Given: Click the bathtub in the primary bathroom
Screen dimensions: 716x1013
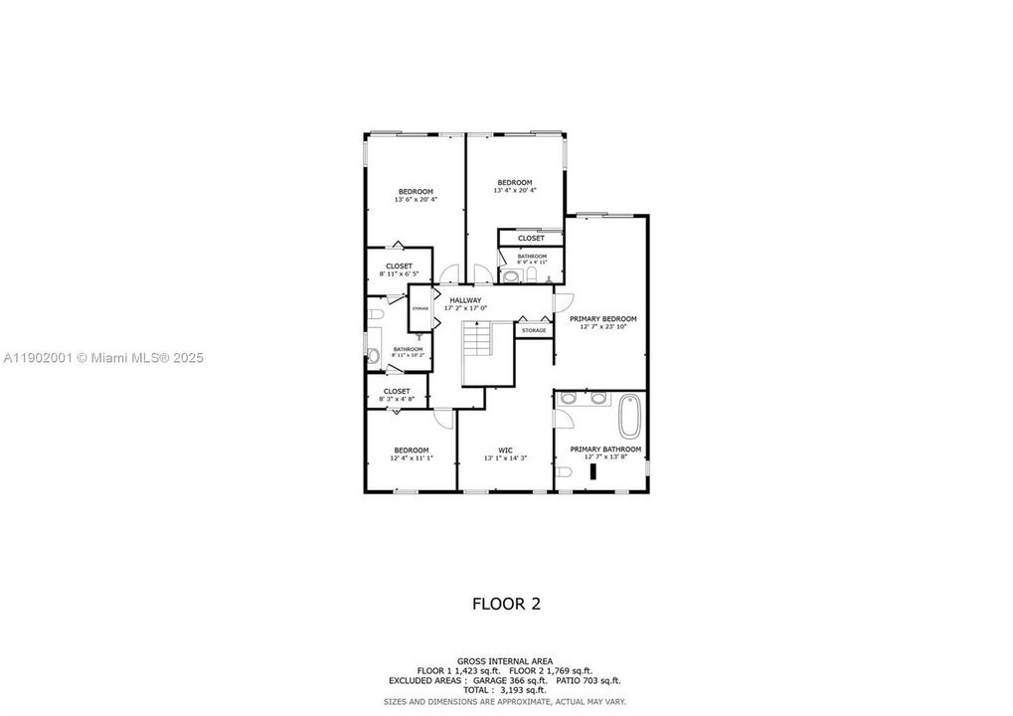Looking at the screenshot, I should point(630,418).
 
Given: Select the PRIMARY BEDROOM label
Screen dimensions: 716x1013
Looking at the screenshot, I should point(602,319).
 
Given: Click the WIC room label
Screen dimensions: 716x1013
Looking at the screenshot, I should point(505,449).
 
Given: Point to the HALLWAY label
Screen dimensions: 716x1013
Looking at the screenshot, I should point(465,300).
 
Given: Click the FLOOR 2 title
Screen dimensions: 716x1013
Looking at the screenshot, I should point(506,603).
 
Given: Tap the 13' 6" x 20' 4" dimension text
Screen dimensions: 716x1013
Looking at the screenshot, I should point(416,200).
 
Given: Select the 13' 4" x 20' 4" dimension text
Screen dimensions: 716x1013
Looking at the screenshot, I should point(515,191).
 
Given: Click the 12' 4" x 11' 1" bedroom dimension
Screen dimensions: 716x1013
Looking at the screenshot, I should point(411,458).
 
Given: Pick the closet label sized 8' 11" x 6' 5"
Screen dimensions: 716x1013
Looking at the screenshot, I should point(399,267).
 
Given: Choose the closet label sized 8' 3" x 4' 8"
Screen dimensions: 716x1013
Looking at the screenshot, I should point(397,392).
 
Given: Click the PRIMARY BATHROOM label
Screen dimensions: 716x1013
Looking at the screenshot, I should point(605,448).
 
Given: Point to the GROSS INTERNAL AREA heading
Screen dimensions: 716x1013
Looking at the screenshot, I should point(506,661).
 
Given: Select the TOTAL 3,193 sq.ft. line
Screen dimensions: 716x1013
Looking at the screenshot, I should point(506,689).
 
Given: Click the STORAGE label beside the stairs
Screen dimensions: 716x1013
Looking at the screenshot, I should point(534,330).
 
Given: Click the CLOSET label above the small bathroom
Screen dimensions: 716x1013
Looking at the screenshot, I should point(531,239).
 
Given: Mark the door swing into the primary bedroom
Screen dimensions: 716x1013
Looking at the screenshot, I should point(563,301).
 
